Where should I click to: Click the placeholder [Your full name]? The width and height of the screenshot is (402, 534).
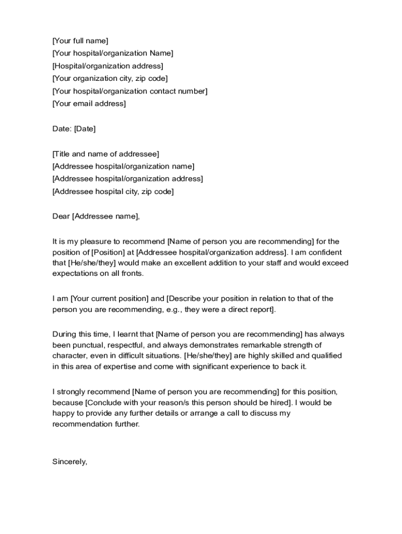[x=80, y=41]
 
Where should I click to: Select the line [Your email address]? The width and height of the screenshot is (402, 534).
[x=89, y=104]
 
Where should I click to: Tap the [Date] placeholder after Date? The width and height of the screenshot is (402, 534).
[x=85, y=129]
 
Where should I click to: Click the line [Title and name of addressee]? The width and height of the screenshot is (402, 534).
[x=106, y=154]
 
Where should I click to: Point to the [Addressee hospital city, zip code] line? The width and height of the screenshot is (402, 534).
[x=113, y=191]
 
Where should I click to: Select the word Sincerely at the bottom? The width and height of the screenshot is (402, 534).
[x=70, y=462]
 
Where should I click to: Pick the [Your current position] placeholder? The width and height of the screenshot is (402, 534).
[x=109, y=299]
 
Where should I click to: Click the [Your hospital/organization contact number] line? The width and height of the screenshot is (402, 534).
[x=130, y=91]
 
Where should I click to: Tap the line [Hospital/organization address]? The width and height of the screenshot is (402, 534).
[x=108, y=66]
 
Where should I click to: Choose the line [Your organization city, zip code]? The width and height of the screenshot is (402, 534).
[x=110, y=79]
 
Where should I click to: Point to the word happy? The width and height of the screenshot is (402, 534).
[x=63, y=414]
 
